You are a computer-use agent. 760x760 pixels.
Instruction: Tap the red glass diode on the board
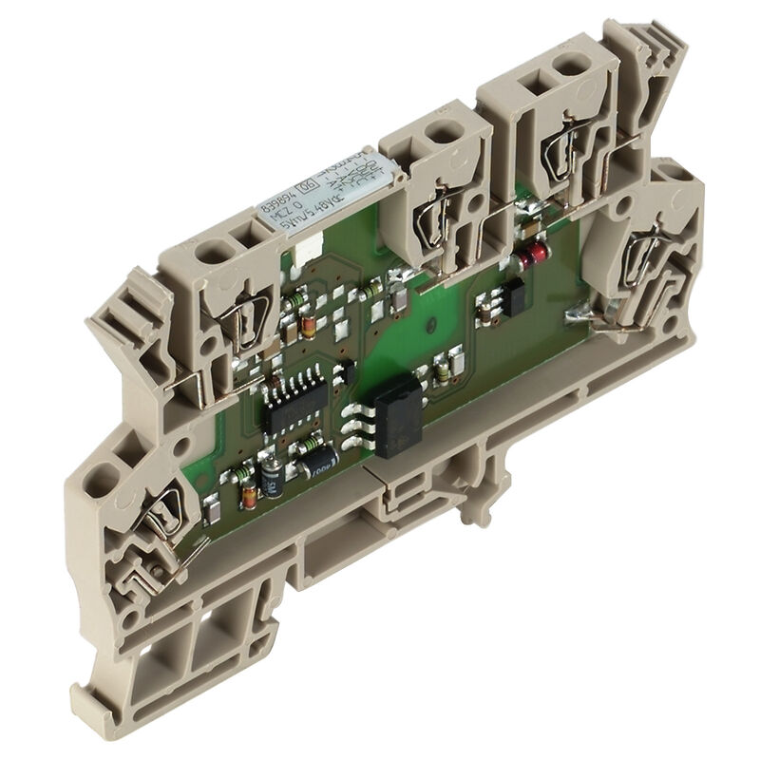(535, 254)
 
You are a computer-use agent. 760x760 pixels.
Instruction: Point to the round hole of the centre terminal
(442, 137)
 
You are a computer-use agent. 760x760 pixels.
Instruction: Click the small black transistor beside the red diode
(516, 300)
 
